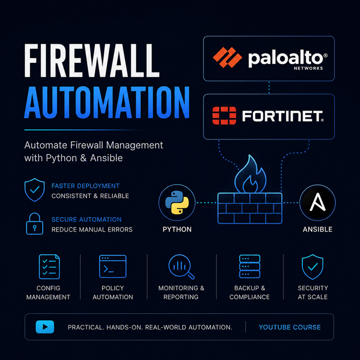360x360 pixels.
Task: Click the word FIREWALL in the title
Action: [x=92, y=60]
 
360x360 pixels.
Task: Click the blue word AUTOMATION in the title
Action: [x=107, y=103]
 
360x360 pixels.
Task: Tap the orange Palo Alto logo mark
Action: [x=228, y=58]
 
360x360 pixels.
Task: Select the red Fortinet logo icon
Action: [x=224, y=115]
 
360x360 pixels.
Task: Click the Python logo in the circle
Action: [x=177, y=203]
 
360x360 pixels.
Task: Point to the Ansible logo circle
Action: [x=317, y=203]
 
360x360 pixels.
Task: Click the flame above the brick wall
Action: [x=250, y=174]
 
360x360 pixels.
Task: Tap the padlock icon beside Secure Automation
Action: [x=35, y=223]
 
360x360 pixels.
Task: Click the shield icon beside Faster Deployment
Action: [x=35, y=190]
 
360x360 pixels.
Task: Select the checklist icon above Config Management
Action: [x=50, y=267]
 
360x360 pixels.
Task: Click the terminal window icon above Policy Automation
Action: [x=113, y=266]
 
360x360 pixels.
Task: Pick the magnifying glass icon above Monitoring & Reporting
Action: [x=181, y=267]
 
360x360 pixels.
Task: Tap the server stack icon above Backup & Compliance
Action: [x=249, y=266]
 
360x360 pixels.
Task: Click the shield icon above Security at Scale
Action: [x=312, y=267]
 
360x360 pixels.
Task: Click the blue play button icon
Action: [x=45, y=327]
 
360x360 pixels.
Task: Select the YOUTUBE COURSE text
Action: [x=290, y=327]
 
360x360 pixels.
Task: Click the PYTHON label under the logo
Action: [x=177, y=229]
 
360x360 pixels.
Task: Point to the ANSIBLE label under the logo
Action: [x=317, y=229]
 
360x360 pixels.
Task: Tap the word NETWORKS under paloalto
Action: [x=308, y=68]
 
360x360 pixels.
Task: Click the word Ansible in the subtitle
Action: [x=107, y=158]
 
